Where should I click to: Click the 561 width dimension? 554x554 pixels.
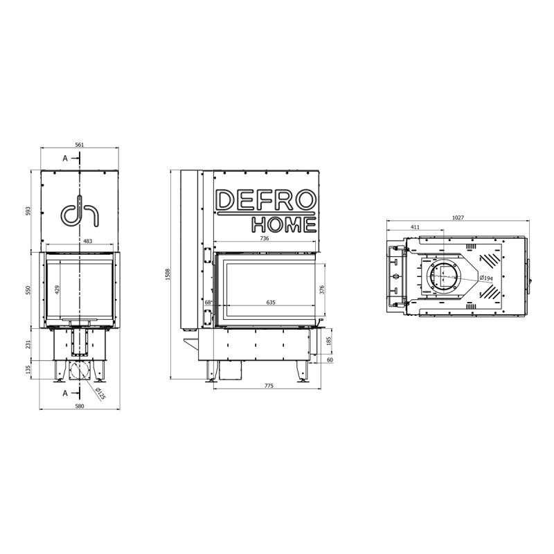pyautogui.click(x=80, y=145)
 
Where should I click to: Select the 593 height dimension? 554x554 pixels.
pyautogui.click(x=29, y=211)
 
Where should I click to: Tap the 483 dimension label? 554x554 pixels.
pyautogui.click(x=88, y=241)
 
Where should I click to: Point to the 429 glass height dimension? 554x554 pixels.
pyautogui.click(x=57, y=289)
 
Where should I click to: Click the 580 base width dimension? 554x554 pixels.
pyautogui.click(x=80, y=406)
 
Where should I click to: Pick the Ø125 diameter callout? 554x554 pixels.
pyautogui.click(x=100, y=393)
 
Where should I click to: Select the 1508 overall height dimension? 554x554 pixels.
pyautogui.click(x=168, y=274)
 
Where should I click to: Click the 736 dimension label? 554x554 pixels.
pyautogui.click(x=265, y=238)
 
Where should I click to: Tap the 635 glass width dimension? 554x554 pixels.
pyautogui.click(x=271, y=303)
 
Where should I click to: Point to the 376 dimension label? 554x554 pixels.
pyautogui.click(x=321, y=289)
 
